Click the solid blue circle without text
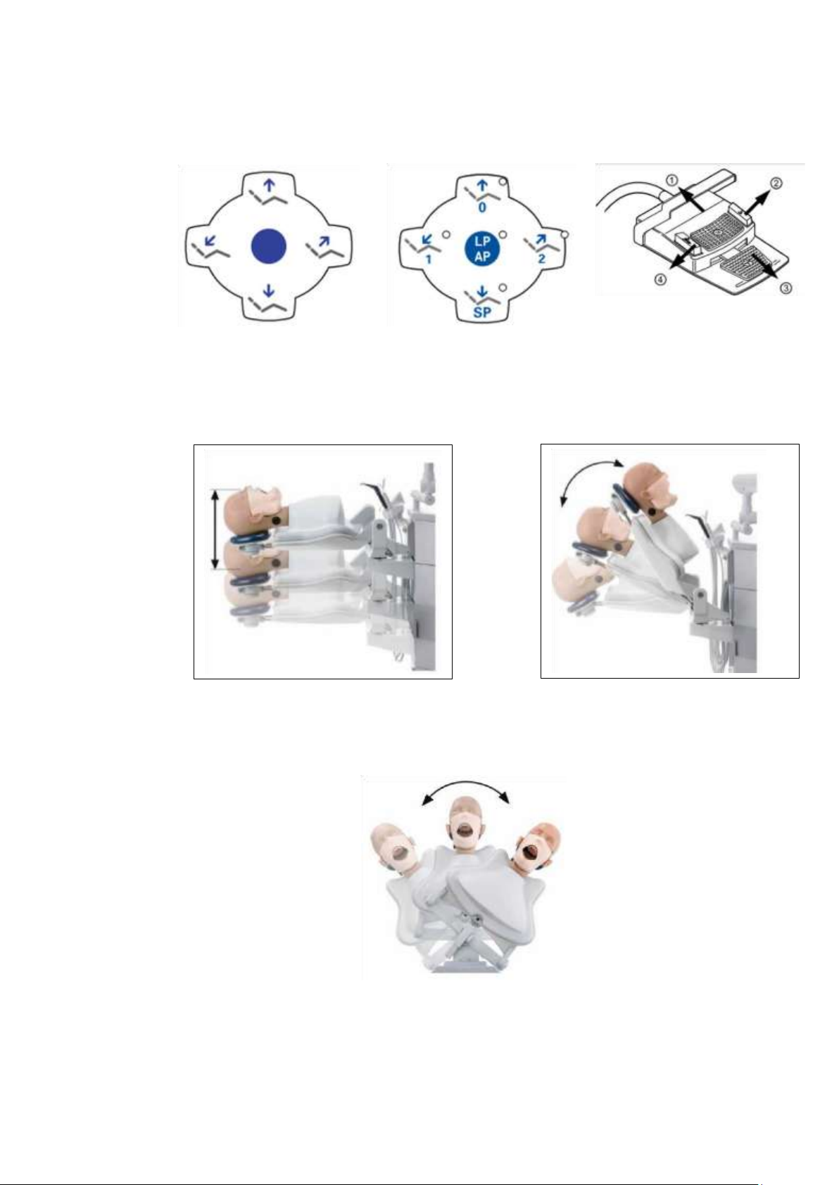click(268, 245)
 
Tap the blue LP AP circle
click(482, 248)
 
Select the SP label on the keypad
click(481, 312)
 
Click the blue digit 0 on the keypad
click(481, 207)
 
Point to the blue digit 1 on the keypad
click(429, 260)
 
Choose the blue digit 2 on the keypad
click(541, 260)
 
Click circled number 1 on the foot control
click(671, 181)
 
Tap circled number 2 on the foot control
click(776, 184)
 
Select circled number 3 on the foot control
click(787, 288)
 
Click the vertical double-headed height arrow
click(215, 528)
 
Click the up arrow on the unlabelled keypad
click(270, 185)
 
